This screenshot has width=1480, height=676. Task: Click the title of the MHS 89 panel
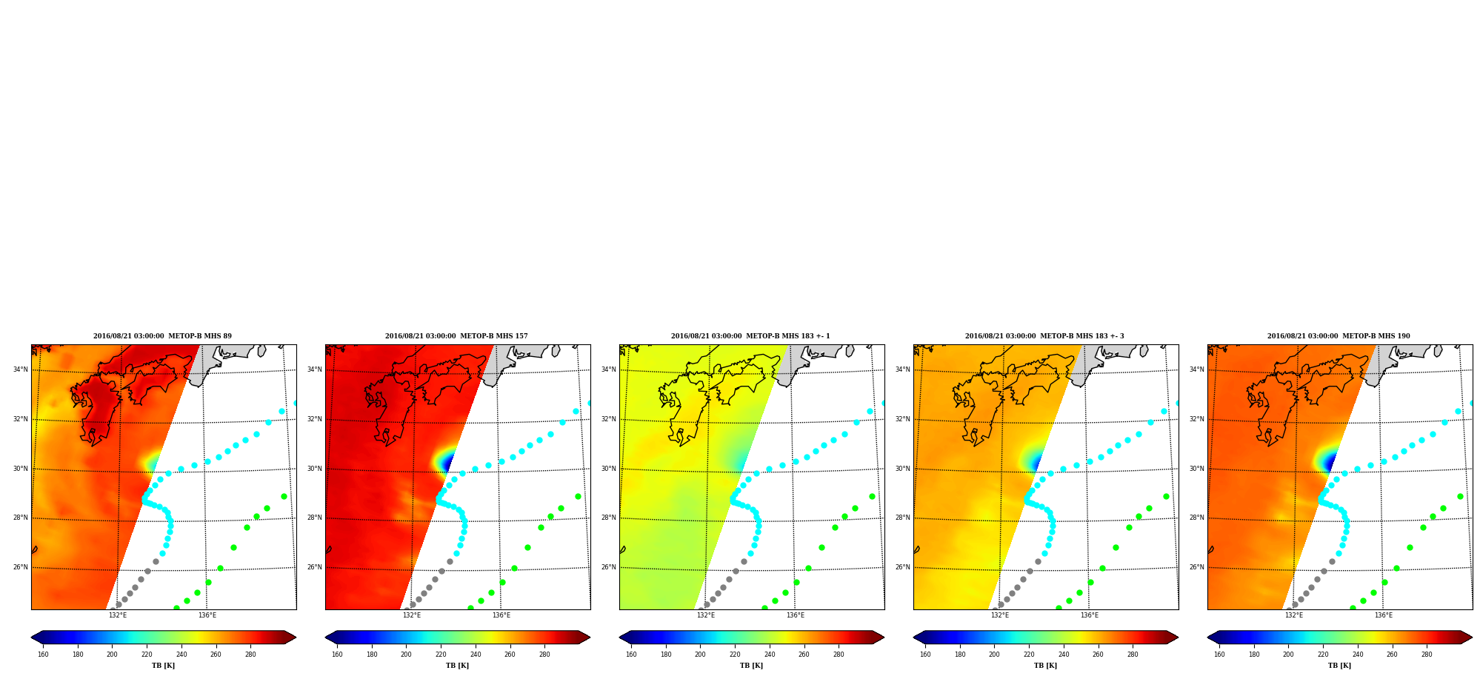point(162,336)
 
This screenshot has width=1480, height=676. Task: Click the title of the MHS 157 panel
point(456,336)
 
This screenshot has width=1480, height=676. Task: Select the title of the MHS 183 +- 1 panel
point(750,336)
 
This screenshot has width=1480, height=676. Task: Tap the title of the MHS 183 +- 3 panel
point(1044,336)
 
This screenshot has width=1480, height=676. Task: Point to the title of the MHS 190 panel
point(1339,336)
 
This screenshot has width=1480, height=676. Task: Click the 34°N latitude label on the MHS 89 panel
point(21,369)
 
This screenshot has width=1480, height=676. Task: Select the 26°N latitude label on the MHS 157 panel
point(315,567)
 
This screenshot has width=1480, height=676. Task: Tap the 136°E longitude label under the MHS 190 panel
point(1384,615)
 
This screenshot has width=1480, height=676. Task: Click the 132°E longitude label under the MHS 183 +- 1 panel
point(706,615)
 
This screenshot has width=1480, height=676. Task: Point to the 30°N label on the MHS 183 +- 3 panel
point(903,469)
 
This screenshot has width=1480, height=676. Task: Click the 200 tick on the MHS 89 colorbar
point(112,654)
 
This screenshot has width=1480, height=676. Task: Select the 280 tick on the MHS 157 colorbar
point(544,654)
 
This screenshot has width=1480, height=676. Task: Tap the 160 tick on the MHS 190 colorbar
point(1219,654)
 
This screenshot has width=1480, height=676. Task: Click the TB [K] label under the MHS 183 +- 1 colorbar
point(751,665)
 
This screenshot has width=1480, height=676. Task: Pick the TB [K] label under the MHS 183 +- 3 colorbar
point(1045,665)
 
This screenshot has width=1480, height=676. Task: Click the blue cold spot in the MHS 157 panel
point(446,464)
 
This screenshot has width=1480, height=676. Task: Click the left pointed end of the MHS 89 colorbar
point(32,637)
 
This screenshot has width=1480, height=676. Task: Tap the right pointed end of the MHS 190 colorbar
point(1471,637)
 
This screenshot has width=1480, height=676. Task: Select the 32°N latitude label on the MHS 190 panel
point(1197,419)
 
